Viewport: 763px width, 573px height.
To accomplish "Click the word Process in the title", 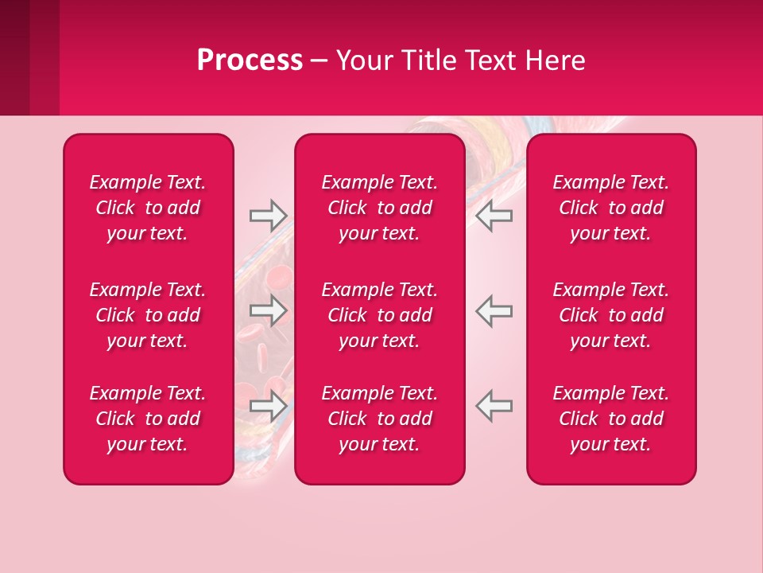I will (250, 60).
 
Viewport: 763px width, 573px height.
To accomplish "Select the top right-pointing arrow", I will (268, 216).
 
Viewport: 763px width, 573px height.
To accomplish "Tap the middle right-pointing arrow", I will (268, 310).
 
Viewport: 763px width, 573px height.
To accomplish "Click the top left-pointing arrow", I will (494, 216).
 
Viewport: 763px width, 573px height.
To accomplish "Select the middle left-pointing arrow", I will (494, 310).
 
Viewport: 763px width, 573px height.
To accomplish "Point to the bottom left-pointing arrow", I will (494, 406).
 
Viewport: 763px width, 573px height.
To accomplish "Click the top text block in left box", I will (148, 208).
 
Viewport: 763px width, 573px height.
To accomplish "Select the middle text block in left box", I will (148, 315).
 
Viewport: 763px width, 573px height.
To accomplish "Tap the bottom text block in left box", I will (148, 419).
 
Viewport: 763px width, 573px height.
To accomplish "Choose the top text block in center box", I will (379, 208).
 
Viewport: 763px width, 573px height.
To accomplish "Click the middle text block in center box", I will (379, 315).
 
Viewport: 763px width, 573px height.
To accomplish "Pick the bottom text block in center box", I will (379, 419).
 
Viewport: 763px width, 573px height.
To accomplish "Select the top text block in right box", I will (610, 208).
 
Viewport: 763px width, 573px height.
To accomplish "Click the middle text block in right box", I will (610, 315).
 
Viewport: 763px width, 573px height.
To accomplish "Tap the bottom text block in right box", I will (610, 419).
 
